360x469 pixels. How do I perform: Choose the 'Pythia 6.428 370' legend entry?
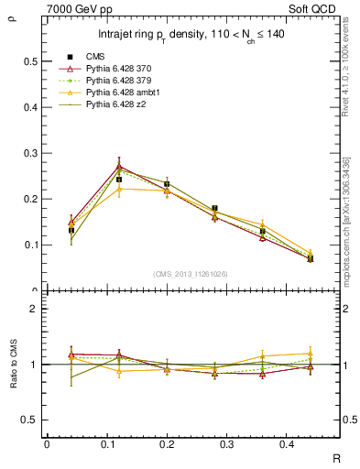pyautogui.click(x=117, y=70)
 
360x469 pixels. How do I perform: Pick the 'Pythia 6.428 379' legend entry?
pyautogui.click(x=117, y=82)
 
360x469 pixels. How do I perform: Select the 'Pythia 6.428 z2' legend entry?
pyautogui.click(x=115, y=105)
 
